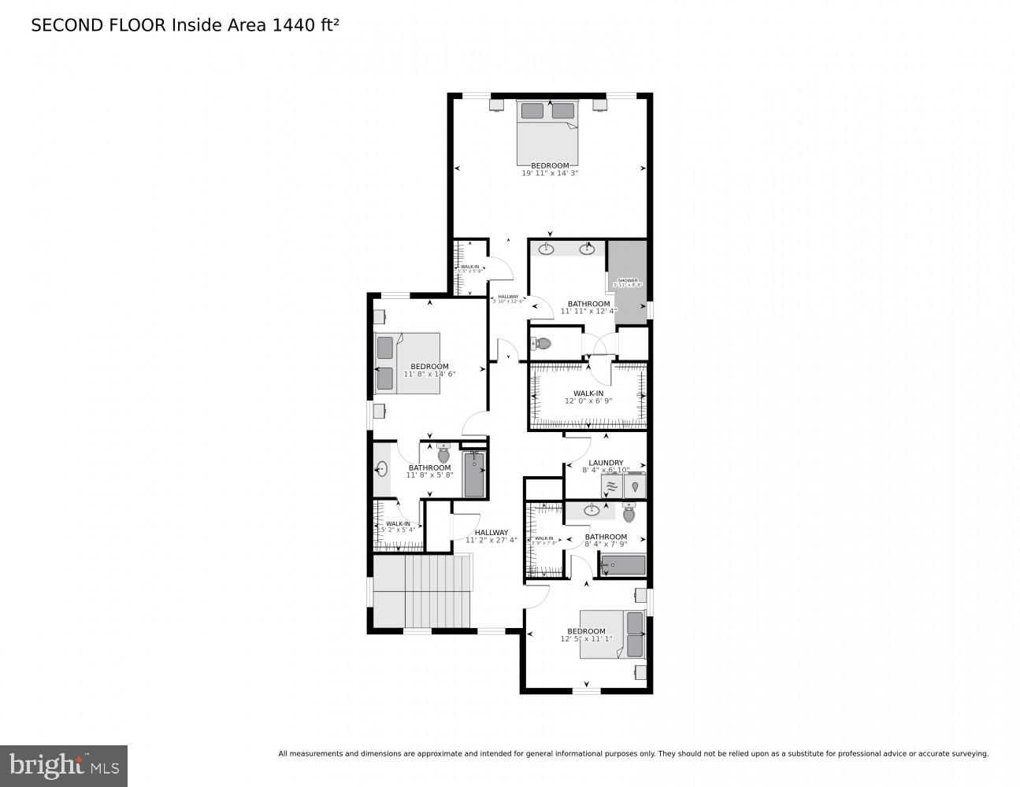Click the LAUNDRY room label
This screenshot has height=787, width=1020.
[x=606, y=463]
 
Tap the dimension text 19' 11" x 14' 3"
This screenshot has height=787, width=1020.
[x=550, y=173]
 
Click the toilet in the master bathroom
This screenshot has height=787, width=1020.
[x=542, y=343]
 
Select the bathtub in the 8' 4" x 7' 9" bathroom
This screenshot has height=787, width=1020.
[x=623, y=565]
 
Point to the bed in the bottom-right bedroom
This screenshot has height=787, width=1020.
[x=613, y=634]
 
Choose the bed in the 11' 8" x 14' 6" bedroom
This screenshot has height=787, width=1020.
[x=406, y=363]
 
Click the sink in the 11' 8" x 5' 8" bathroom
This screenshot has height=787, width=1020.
[x=382, y=470]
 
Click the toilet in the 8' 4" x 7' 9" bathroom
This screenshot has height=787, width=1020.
[x=629, y=514]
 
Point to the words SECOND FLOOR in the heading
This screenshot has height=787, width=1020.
[x=98, y=25]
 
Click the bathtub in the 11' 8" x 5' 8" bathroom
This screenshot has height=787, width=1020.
[x=474, y=475]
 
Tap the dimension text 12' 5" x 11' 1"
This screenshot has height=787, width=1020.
[x=586, y=639]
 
